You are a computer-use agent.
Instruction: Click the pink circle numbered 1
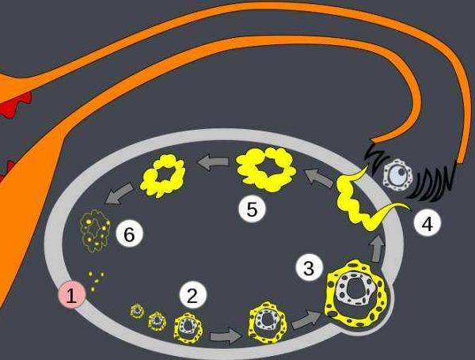pyautogui.click(x=72, y=295)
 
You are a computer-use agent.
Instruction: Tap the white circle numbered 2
pyautogui.click(x=192, y=295)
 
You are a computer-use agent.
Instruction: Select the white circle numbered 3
pyautogui.click(x=309, y=267)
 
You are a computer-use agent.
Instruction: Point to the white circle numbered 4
pyautogui.click(x=427, y=224)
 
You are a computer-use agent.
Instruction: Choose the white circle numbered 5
pyautogui.click(x=252, y=209)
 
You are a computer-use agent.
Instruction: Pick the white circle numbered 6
pyautogui.click(x=130, y=233)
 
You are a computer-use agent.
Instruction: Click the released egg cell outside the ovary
pyautogui.click(x=397, y=176)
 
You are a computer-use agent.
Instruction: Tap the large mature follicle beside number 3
pyautogui.click(x=356, y=293)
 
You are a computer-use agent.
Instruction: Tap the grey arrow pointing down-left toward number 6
pyautogui.click(x=119, y=193)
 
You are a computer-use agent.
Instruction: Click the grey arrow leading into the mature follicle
pyautogui.click(x=306, y=320)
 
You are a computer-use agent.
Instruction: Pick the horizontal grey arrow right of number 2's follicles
pyautogui.click(x=225, y=335)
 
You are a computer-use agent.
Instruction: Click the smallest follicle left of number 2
pyautogui.click(x=137, y=311)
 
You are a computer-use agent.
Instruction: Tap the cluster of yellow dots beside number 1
pyautogui.click(x=96, y=281)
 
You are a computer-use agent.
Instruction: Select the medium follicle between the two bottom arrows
pyautogui.click(x=268, y=322)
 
